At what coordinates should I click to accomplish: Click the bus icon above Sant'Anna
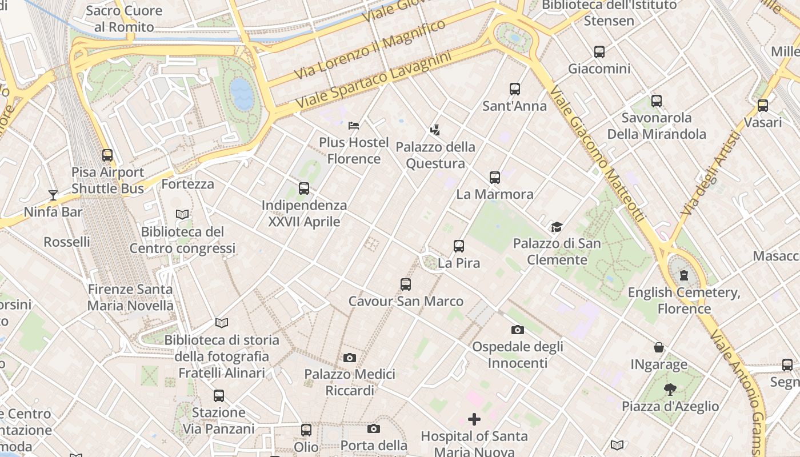[515, 89]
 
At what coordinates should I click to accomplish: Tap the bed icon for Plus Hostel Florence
[354, 125]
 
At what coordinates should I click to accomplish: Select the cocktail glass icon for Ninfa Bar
[53, 195]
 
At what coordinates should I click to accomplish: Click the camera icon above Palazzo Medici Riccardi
[350, 358]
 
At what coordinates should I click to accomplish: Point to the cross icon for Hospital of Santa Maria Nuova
[474, 420]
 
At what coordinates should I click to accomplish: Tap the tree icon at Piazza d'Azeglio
[670, 390]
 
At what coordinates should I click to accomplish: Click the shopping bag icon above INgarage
[659, 347]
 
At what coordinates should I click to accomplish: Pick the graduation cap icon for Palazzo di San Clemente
[557, 227]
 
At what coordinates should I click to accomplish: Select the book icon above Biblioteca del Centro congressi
[182, 215]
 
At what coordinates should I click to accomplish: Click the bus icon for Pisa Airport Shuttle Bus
[107, 155]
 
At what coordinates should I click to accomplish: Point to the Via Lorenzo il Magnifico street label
[369, 50]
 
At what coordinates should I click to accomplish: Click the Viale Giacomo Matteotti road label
[598, 154]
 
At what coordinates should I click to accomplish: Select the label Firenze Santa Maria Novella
[130, 297]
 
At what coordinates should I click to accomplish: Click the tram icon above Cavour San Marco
[406, 284]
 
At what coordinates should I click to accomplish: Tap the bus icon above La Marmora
[495, 178]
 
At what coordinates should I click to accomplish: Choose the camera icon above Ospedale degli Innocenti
[518, 330]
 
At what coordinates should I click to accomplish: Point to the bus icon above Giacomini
[599, 52]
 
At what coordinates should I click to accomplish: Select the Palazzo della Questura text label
[435, 155]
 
